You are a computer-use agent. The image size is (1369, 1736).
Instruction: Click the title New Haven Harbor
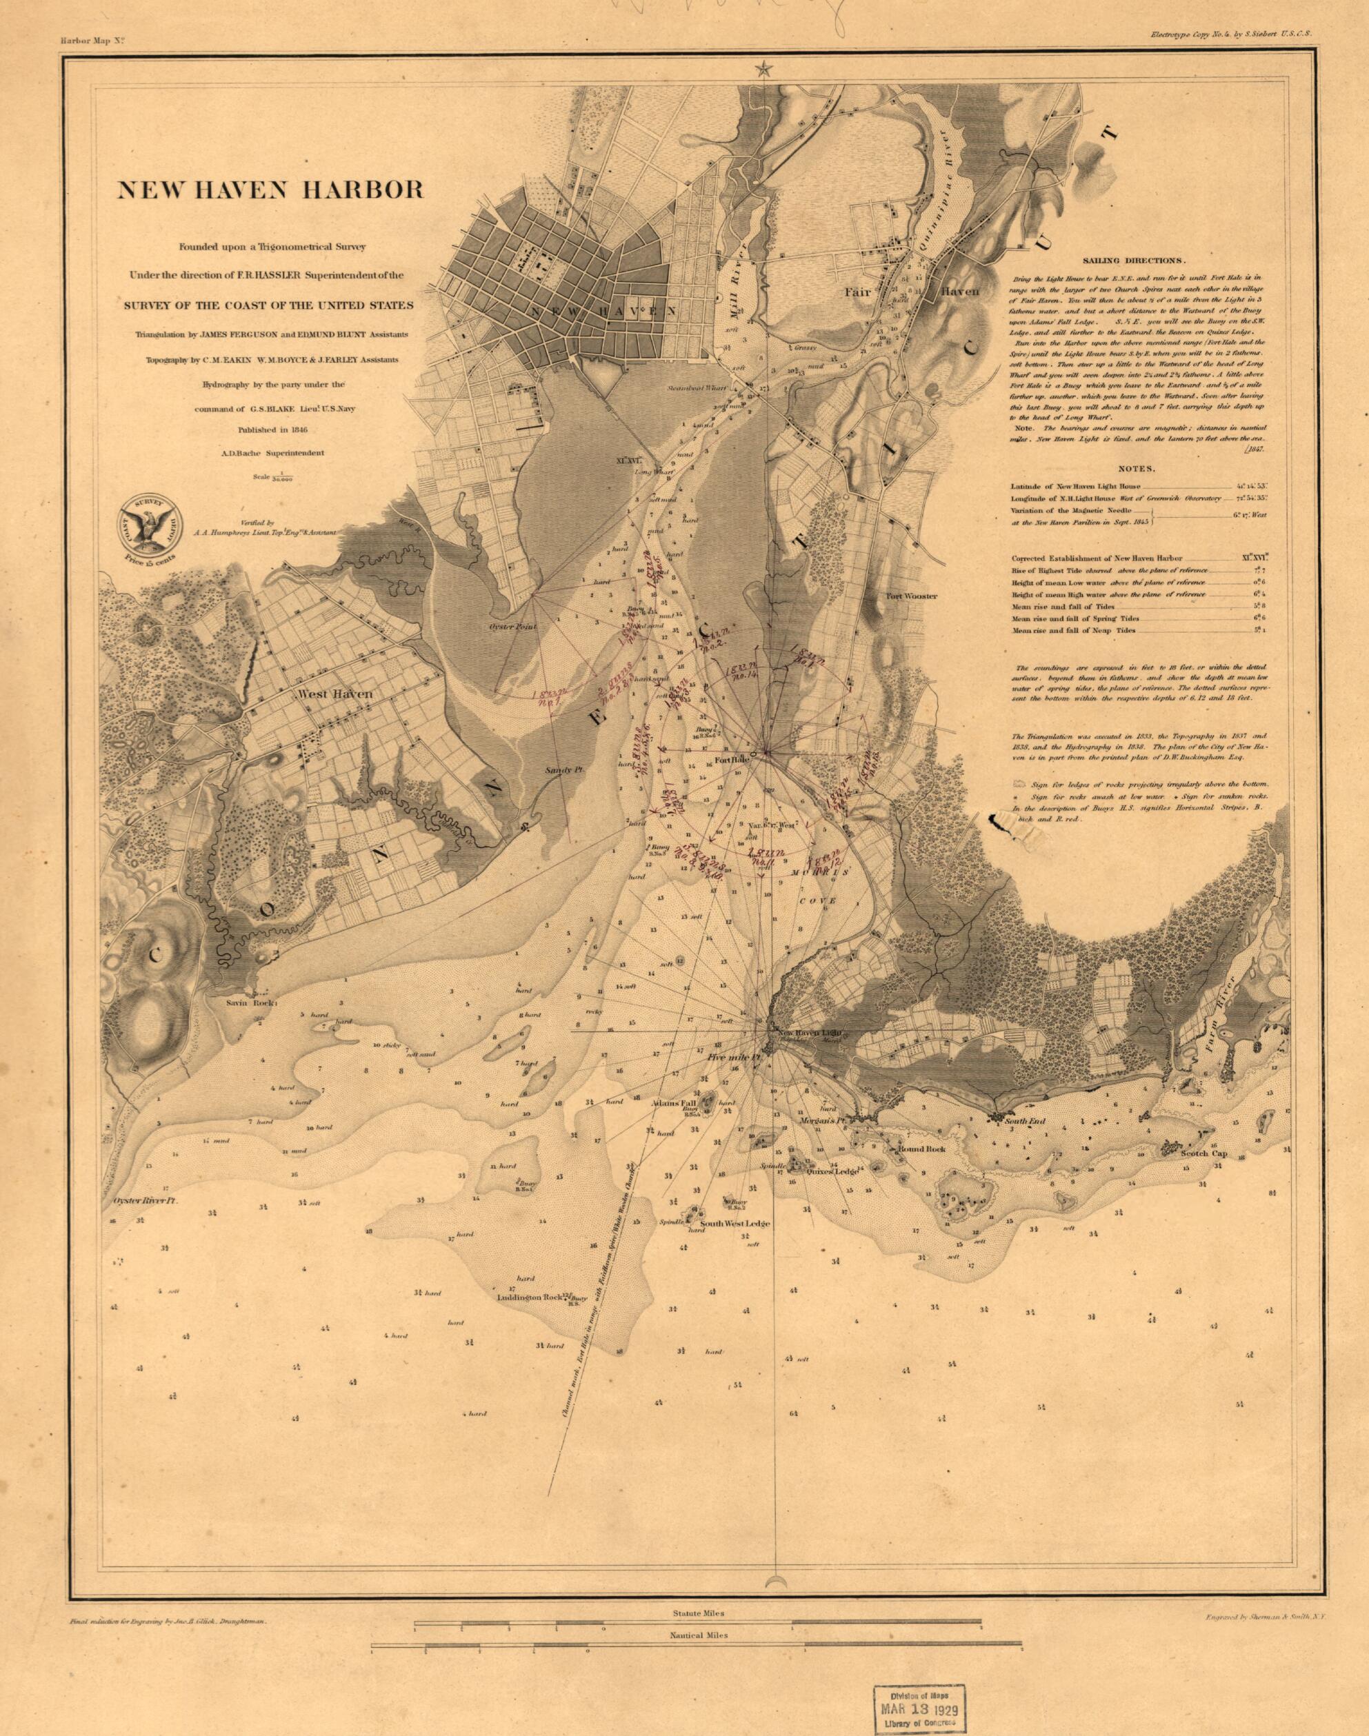click(x=271, y=190)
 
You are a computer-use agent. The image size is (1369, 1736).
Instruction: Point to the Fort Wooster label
click(x=910, y=596)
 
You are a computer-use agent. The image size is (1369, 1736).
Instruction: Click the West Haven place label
click(x=335, y=694)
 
